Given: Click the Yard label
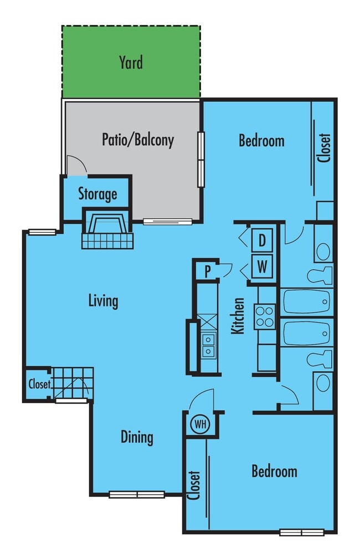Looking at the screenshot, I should pyautogui.click(x=131, y=62).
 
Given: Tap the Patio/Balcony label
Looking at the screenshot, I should pyautogui.click(x=138, y=140).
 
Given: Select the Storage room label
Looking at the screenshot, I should pyautogui.click(x=97, y=194).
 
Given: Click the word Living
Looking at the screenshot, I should pyautogui.click(x=104, y=301).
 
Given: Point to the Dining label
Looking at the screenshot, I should pyautogui.click(x=137, y=437).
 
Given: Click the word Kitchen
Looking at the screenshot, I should pyautogui.click(x=238, y=316).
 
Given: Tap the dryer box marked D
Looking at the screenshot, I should pyautogui.click(x=262, y=241).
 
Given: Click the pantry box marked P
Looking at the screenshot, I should pyautogui.click(x=207, y=271).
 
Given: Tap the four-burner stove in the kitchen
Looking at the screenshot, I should pyautogui.click(x=265, y=316).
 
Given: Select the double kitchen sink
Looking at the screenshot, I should pyautogui.click(x=209, y=345).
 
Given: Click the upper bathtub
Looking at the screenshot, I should pyautogui.click(x=307, y=302).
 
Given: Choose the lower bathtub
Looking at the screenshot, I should pyautogui.click(x=307, y=333).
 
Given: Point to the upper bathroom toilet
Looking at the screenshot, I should pyautogui.click(x=320, y=275).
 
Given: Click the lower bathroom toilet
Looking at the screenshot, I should pyautogui.click(x=320, y=358).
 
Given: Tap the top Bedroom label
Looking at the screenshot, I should pyautogui.click(x=261, y=141).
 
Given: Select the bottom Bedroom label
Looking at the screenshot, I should pyautogui.click(x=274, y=471).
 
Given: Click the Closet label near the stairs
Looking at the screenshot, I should pyautogui.click(x=39, y=383).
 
